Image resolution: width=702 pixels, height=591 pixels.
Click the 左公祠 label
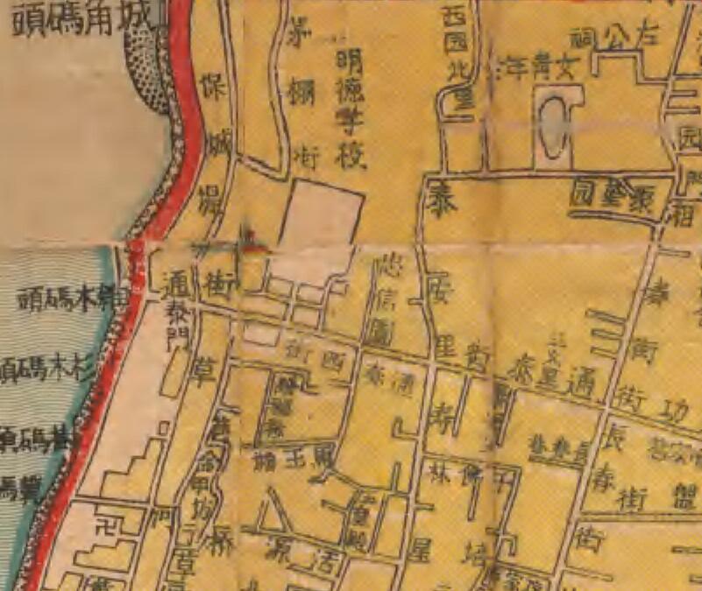626,36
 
